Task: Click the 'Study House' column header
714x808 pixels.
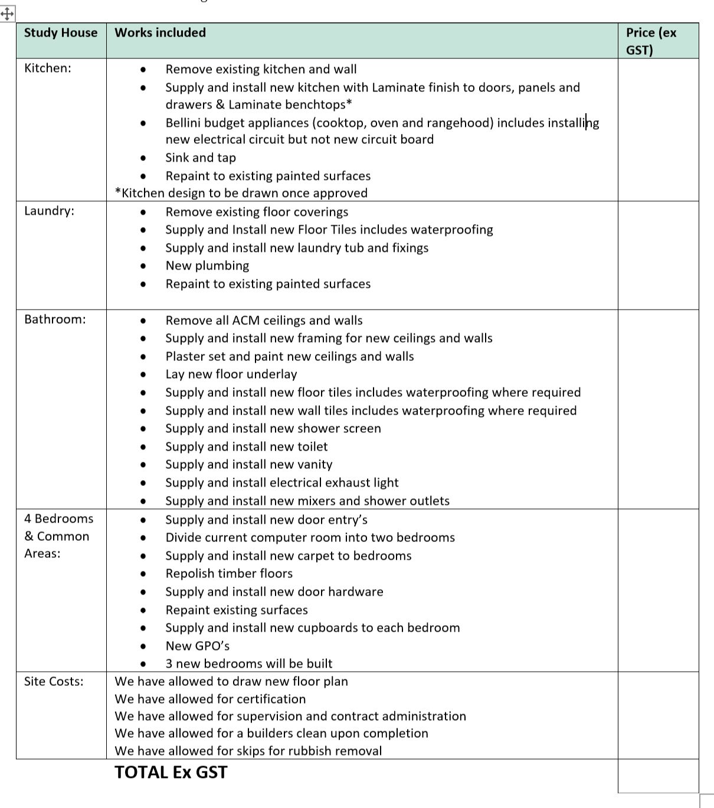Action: click(60, 33)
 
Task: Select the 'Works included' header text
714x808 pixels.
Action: click(160, 33)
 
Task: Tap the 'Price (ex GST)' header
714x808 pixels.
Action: click(651, 41)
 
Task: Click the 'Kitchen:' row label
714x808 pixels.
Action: click(47, 68)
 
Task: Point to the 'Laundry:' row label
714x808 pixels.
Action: click(49, 211)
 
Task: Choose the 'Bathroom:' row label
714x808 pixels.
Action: click(54, 320)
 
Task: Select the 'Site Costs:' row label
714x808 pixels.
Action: click(53, 682)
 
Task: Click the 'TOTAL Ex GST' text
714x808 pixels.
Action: click(171, 773)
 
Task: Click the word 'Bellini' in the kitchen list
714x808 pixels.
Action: click(185, 123)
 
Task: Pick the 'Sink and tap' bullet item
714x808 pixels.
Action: click(200, 158)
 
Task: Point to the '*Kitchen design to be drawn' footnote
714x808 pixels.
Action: click(241, 193)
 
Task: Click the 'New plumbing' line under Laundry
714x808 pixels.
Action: click(207, 266)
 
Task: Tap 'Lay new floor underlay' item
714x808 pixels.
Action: click(231, 375)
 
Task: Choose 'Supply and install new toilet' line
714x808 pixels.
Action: click(246, 447)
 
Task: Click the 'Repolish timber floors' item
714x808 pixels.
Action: click(229, 574)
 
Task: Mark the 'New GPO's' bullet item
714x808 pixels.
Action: click(197, 646)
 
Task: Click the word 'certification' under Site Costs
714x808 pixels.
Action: click(271, 699)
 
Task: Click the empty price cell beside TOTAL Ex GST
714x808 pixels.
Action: click(657, 775)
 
